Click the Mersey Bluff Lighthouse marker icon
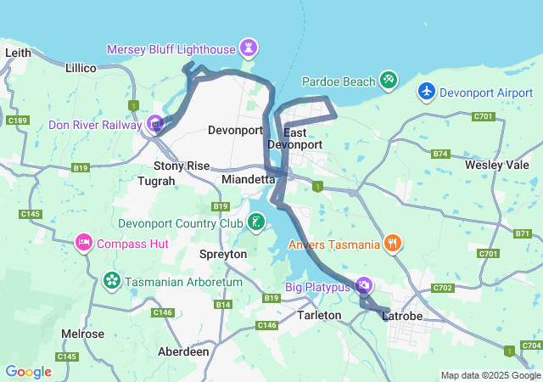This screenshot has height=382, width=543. click(x=248, y=47)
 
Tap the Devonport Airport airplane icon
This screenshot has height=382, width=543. click(x=426, y=91)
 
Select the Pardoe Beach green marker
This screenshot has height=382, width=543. click(x=388, y=80)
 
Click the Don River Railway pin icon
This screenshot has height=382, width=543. click(x=155, y=124)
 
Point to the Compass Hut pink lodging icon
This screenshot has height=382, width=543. click(x=84, y=243)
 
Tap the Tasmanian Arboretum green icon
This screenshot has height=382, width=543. click(x=111, y=279)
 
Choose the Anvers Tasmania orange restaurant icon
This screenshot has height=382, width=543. click(x=392, y=244)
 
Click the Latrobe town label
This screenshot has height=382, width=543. click(x=402, y=316)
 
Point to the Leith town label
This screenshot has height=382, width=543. click(x=18, y=53)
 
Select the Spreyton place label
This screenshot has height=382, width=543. click(x=222, y=254)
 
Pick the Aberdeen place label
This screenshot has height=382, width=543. click(x=184, y=351)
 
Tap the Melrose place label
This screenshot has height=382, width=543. click(x=82, y=334)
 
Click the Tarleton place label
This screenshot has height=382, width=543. click(x=320, y=315)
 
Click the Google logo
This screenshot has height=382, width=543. click(x=28, y=372)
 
